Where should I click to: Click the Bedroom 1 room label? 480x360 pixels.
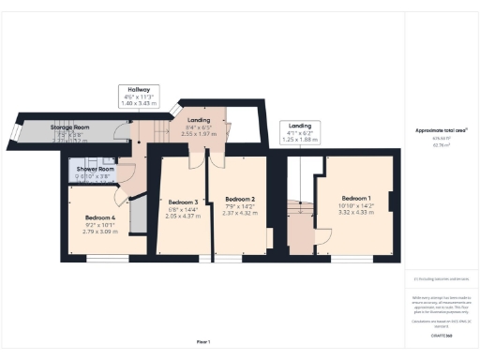point(356,198)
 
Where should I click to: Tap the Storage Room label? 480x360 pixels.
point(69,127)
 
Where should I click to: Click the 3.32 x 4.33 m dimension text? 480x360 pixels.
point(356,212)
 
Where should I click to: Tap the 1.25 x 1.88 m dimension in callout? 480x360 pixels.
point(300,140)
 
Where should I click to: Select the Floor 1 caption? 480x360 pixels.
point(203,342)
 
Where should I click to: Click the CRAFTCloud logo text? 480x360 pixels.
point(441,335)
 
